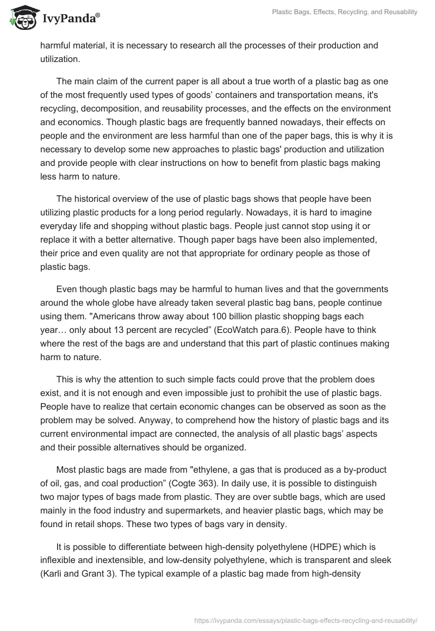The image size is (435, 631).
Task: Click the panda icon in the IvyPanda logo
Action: (22, 18)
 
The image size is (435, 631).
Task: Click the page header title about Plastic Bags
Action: (345, 12)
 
